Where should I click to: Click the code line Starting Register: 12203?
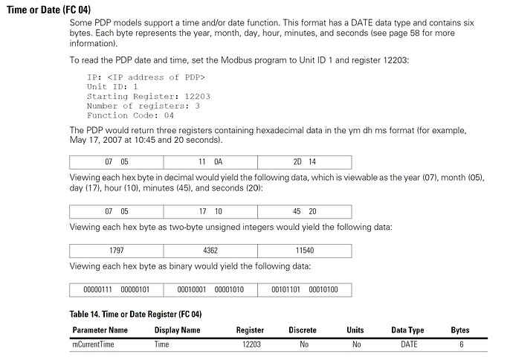(x=138, y=96)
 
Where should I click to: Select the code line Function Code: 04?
(x=130, y=115)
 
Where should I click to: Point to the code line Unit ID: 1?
(x=112, y=86)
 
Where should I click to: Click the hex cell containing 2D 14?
(x=304, y=161)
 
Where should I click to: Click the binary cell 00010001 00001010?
(x=210, y=290)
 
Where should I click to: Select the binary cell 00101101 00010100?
(x=304, y=290)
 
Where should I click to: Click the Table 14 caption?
(x=136, y=315)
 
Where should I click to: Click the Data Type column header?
(x=408, y=330)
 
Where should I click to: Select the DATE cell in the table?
(x=409, y=344)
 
